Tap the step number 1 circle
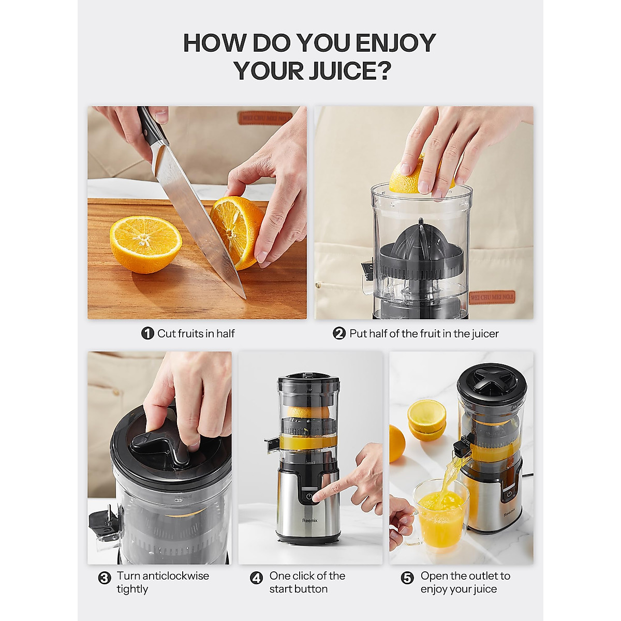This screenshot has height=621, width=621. pos(147,334)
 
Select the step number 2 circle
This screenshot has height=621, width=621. pos(339,334)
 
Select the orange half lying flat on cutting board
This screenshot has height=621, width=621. pos(145,244)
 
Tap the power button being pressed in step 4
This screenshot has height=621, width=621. pos(309,496)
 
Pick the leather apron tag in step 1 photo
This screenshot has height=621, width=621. pos(265,118)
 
